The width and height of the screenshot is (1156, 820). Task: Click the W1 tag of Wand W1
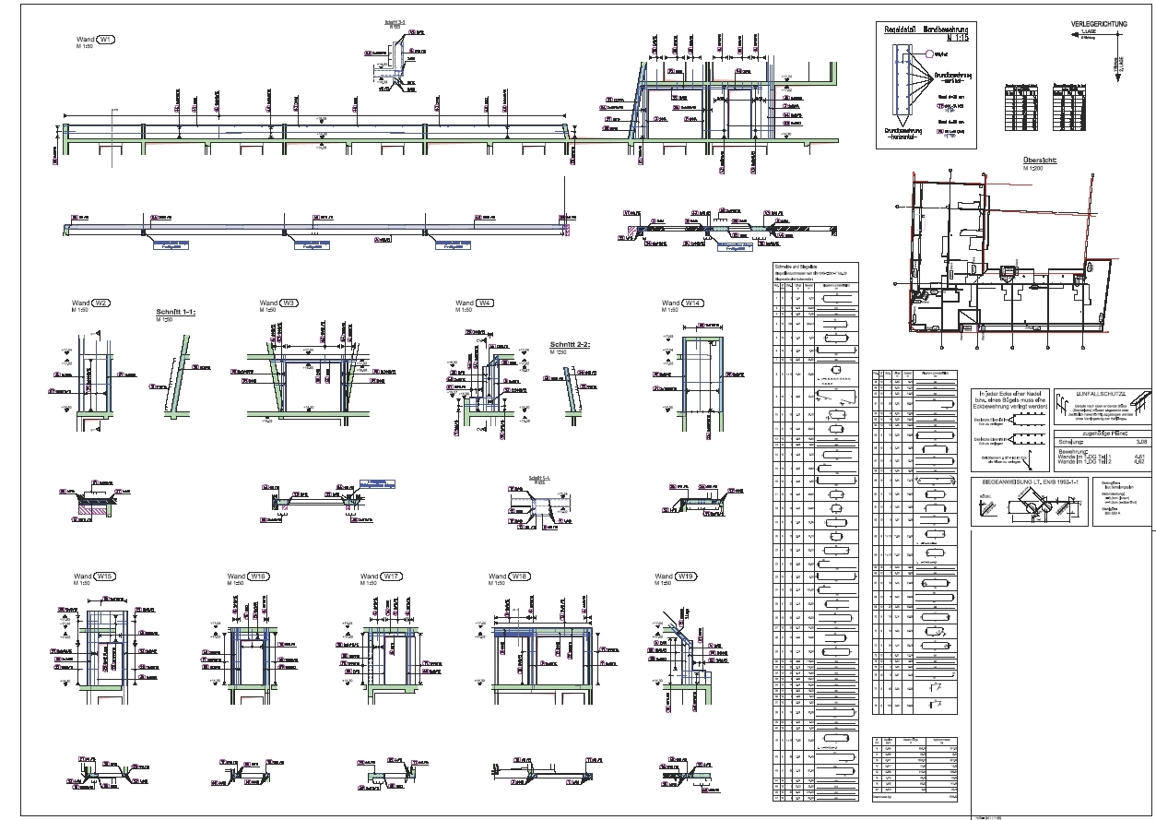tap(107, 41)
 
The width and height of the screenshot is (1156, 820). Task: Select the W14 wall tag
tap(693, 303)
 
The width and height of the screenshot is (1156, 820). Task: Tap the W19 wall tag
tap(686, 576)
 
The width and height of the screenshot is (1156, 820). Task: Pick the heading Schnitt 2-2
tap(569, 343)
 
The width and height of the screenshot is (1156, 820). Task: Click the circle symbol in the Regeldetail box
tap(918, 54)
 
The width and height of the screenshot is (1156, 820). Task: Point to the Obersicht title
tap(1038, 160)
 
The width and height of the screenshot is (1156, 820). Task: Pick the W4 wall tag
tap(485, 303)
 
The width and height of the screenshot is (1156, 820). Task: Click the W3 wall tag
tap(289, 303)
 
